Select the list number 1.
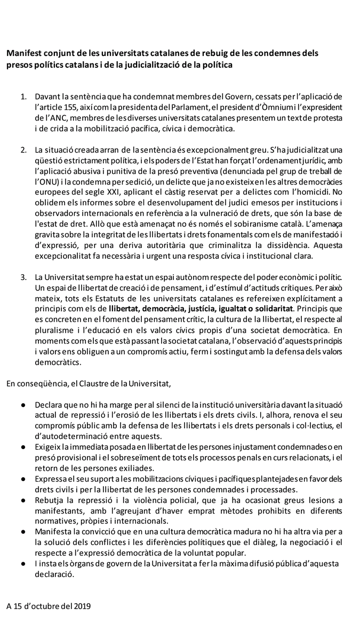click(23, 97)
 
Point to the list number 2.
click(23, 148)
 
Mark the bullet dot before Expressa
click(23, 479)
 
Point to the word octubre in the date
click(50, 606)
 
